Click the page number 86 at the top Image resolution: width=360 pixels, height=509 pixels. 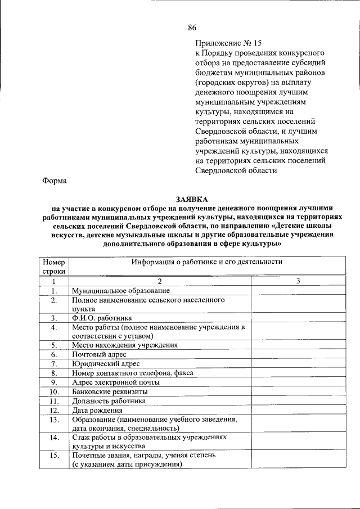click(x=192, y=28)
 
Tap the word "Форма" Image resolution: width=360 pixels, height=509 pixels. click(x=55, y=181)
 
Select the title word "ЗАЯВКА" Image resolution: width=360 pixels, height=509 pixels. click(x=191, y=199)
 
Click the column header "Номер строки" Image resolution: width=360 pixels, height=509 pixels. click(x=54, y=267)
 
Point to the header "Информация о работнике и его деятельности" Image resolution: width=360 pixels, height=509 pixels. click(x=206, y=262)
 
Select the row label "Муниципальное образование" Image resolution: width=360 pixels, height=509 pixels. click(x=120, y=291)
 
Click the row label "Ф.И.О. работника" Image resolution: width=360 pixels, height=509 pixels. click(x=102, y=318)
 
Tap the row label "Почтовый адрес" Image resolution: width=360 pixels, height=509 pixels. click(x=98, y=354)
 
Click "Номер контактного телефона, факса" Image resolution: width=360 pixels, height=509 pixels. click(x=132, y=372)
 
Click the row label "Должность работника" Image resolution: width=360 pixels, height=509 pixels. click(x=109, y=400)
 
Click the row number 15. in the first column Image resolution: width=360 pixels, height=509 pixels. click(x=54, y=455)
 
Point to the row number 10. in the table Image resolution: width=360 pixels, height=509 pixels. click(x=54, y=391)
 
